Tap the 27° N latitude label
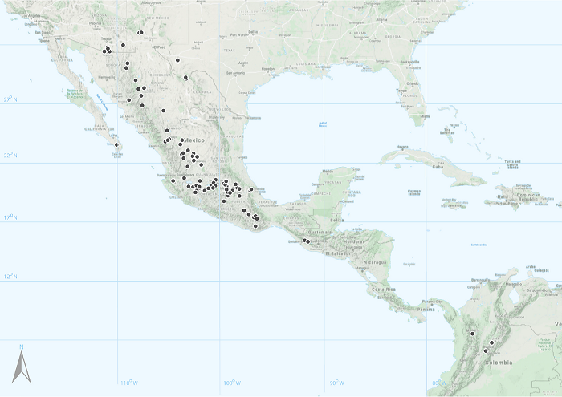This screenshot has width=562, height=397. (9, 99)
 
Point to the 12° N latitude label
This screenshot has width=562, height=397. (9, 277)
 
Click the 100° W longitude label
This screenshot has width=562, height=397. (230, 382)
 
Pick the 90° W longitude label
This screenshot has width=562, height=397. (336, 382)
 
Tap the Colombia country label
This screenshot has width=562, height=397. (498, 362)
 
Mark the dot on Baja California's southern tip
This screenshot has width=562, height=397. (117, 145)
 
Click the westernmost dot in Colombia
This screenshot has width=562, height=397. (473, 333)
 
